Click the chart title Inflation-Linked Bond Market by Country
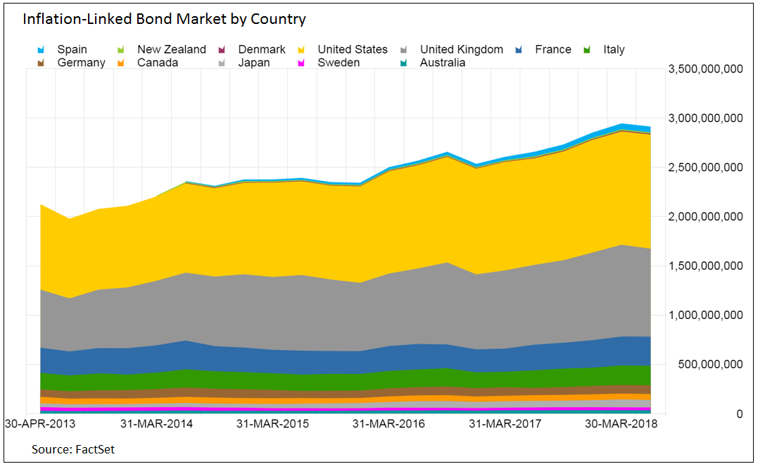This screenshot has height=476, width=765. (x=164, y=19)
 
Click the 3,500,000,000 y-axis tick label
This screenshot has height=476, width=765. (x=704, y=69)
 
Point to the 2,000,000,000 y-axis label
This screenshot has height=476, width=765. (x=704, y=217)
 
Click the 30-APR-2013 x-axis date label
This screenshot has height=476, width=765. (x=40, y=425)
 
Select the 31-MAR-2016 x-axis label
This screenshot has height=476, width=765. (x=388, y=425)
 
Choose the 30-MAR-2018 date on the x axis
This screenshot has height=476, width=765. (x=620, y=425)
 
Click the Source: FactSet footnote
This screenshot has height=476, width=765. (x=73, y=449)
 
